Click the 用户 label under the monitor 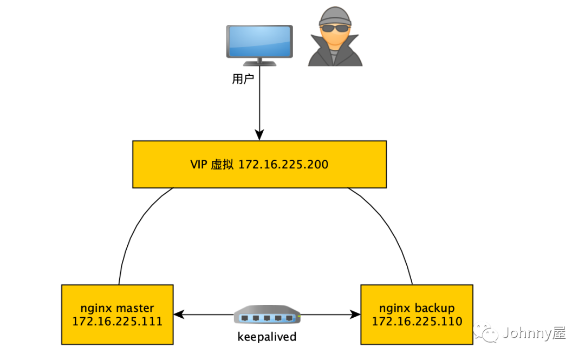point(243,79)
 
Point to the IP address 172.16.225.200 point(283,165)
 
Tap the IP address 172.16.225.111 point(118,321)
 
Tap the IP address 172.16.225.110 point(417,321)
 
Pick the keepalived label point(267,337)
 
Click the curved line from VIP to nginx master point(133,227)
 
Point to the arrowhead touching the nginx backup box point(355,314)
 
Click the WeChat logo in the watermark point(486,332)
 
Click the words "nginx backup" point(417,308)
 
